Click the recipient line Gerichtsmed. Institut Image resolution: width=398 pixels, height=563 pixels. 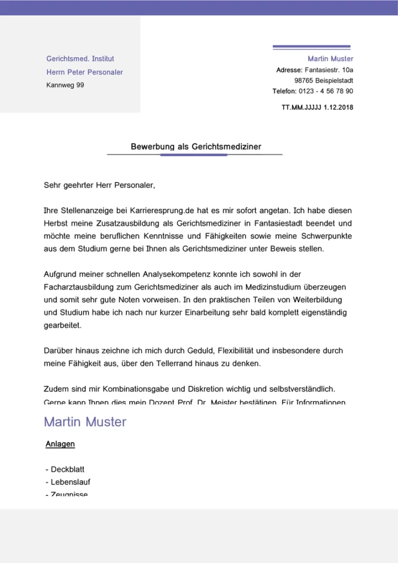[x=80, y=59]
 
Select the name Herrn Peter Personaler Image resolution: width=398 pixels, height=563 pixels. [x=85, y=72]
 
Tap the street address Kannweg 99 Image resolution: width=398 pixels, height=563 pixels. [x=65, y=85]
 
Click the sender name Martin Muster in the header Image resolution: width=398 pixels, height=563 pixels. [x=330, y=59]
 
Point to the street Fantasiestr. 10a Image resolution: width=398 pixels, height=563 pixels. [x=329, y=70]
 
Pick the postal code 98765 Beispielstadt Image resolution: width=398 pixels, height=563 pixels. [x=324, y=80]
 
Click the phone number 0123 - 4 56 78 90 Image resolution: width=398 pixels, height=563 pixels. [x=326, y=91]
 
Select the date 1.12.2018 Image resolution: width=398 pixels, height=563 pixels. [x=339, y=107]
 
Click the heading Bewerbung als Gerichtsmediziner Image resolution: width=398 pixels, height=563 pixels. [x=196, y=147]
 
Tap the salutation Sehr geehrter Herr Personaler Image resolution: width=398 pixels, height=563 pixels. [x=99, y=185]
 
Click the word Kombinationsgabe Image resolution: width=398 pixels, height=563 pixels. [x=136, y=389]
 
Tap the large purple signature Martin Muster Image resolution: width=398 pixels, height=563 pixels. [x=85, y=422]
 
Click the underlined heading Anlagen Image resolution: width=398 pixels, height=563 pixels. [x=60, y=444]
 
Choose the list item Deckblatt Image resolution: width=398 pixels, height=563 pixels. [x=67, y=470]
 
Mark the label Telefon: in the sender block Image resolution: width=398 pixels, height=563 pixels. [x=285, y=91]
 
